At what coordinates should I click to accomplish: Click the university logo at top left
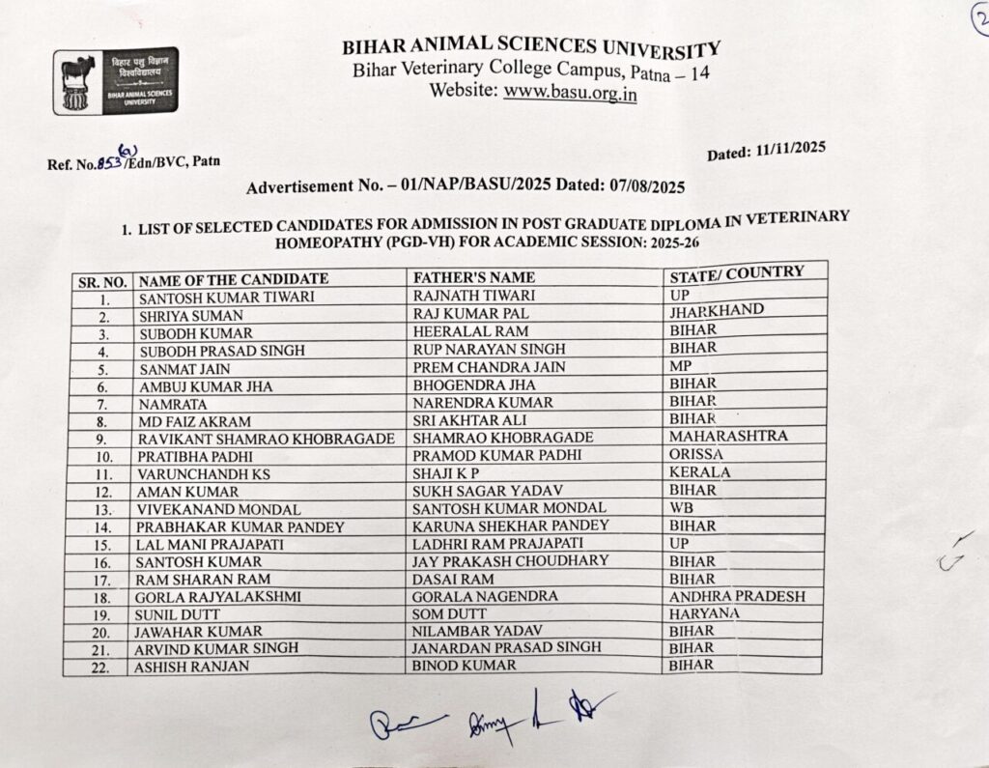coord(115,81)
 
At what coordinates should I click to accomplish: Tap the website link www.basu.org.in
coord(570,93)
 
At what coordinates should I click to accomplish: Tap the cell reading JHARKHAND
coord(716,311)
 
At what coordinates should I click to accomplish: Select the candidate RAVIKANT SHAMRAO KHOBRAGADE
coord(266,439)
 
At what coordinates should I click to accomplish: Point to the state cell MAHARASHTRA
coord(727,437)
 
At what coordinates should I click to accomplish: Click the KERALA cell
coord(699,472)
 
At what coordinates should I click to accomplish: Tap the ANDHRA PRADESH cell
coord(737,596)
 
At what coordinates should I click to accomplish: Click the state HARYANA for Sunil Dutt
coord(704,613)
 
